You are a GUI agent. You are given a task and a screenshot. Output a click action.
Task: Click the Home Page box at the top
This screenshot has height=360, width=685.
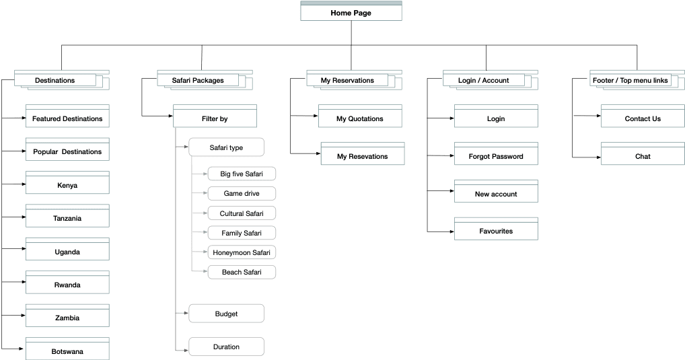[351, 13]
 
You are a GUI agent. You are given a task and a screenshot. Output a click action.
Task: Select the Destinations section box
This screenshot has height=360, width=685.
[55, 80]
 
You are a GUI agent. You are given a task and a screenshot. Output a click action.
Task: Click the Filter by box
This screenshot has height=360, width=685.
[215, 118]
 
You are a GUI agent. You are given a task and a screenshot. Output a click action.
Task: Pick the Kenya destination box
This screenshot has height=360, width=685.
[67, 185]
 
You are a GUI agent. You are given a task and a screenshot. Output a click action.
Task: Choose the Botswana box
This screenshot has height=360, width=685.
[67, 351]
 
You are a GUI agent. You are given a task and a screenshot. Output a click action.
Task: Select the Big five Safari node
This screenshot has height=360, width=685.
[241, 174]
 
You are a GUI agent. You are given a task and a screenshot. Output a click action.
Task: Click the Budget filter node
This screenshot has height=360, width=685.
[226, 314]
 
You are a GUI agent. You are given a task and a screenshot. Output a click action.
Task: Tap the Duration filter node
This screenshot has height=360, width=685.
[226, 347]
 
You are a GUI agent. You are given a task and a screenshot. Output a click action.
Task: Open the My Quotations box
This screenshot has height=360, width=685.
[360, 118]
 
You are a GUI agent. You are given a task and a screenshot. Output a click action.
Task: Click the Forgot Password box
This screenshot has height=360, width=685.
[496, 156]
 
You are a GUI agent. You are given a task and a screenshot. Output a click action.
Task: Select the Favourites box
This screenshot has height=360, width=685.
[496, 231]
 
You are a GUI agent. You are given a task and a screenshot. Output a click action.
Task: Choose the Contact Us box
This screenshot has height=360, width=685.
[643, 118]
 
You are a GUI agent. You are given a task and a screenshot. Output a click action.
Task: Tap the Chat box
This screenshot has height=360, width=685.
[643, 156]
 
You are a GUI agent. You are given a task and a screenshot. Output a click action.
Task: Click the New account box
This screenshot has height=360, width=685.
[496, 194]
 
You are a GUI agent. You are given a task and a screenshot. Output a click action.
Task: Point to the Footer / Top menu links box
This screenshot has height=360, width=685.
[630, 80]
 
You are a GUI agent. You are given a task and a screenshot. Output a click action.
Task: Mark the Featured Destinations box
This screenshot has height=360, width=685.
[67, 118]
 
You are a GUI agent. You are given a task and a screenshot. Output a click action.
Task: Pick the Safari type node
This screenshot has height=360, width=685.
[226, 147]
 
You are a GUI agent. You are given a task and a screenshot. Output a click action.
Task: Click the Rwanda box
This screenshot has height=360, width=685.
[67, 285]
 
